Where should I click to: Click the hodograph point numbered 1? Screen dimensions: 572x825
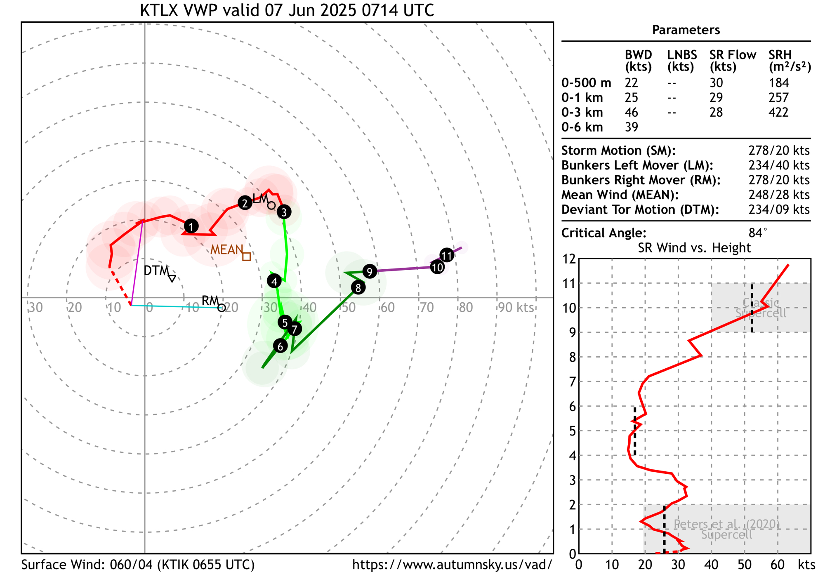click(x=191, y=226)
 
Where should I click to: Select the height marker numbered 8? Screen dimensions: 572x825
click(x=358, y=287)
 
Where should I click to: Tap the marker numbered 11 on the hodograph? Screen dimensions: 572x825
click(x=447, y=255)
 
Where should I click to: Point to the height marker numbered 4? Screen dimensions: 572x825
click(x=274, y=281)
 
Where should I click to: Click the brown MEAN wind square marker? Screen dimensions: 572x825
click(x=247, y=257)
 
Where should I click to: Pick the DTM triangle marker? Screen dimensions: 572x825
click(x=172, y=278)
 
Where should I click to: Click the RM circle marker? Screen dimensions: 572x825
click(x=222, y=307)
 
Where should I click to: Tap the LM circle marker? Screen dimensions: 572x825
click(x=271, y=205)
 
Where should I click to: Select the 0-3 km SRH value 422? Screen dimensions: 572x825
click(x=778, y=112)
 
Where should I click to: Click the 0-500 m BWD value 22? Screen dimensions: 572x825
click(x=631, y=83)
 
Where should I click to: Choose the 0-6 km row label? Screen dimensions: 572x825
click(x=582, y=127)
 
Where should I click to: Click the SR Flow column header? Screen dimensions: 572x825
click(x=733, y=61)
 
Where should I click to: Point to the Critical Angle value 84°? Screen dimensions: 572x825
click(x=758, y=233)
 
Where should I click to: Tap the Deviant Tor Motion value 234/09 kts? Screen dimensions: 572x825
click(x=779, y=209)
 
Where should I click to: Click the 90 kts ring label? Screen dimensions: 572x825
click(x=516, y=307)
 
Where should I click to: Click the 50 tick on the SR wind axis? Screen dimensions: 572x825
click(x=745, y=564)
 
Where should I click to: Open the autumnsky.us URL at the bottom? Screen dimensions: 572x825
click(x=452, y=565)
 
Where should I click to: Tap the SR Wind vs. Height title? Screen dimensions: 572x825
click(x=694, y=247)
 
